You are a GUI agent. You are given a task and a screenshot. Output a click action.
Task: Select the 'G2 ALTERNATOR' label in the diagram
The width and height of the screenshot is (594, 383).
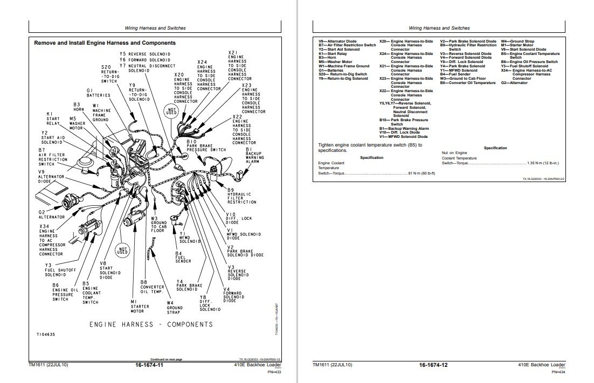tap(51, 214)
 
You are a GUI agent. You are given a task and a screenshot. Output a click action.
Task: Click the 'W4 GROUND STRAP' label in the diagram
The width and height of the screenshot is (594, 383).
tap(174, 307)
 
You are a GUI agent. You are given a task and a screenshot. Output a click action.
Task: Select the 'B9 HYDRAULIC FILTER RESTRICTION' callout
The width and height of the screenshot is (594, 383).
tap(241, 196)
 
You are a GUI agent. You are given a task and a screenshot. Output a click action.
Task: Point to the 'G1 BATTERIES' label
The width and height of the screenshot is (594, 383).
tap(98, 93)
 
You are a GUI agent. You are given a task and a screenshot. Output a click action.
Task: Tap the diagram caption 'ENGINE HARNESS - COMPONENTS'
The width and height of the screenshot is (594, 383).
tap(151, 324)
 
